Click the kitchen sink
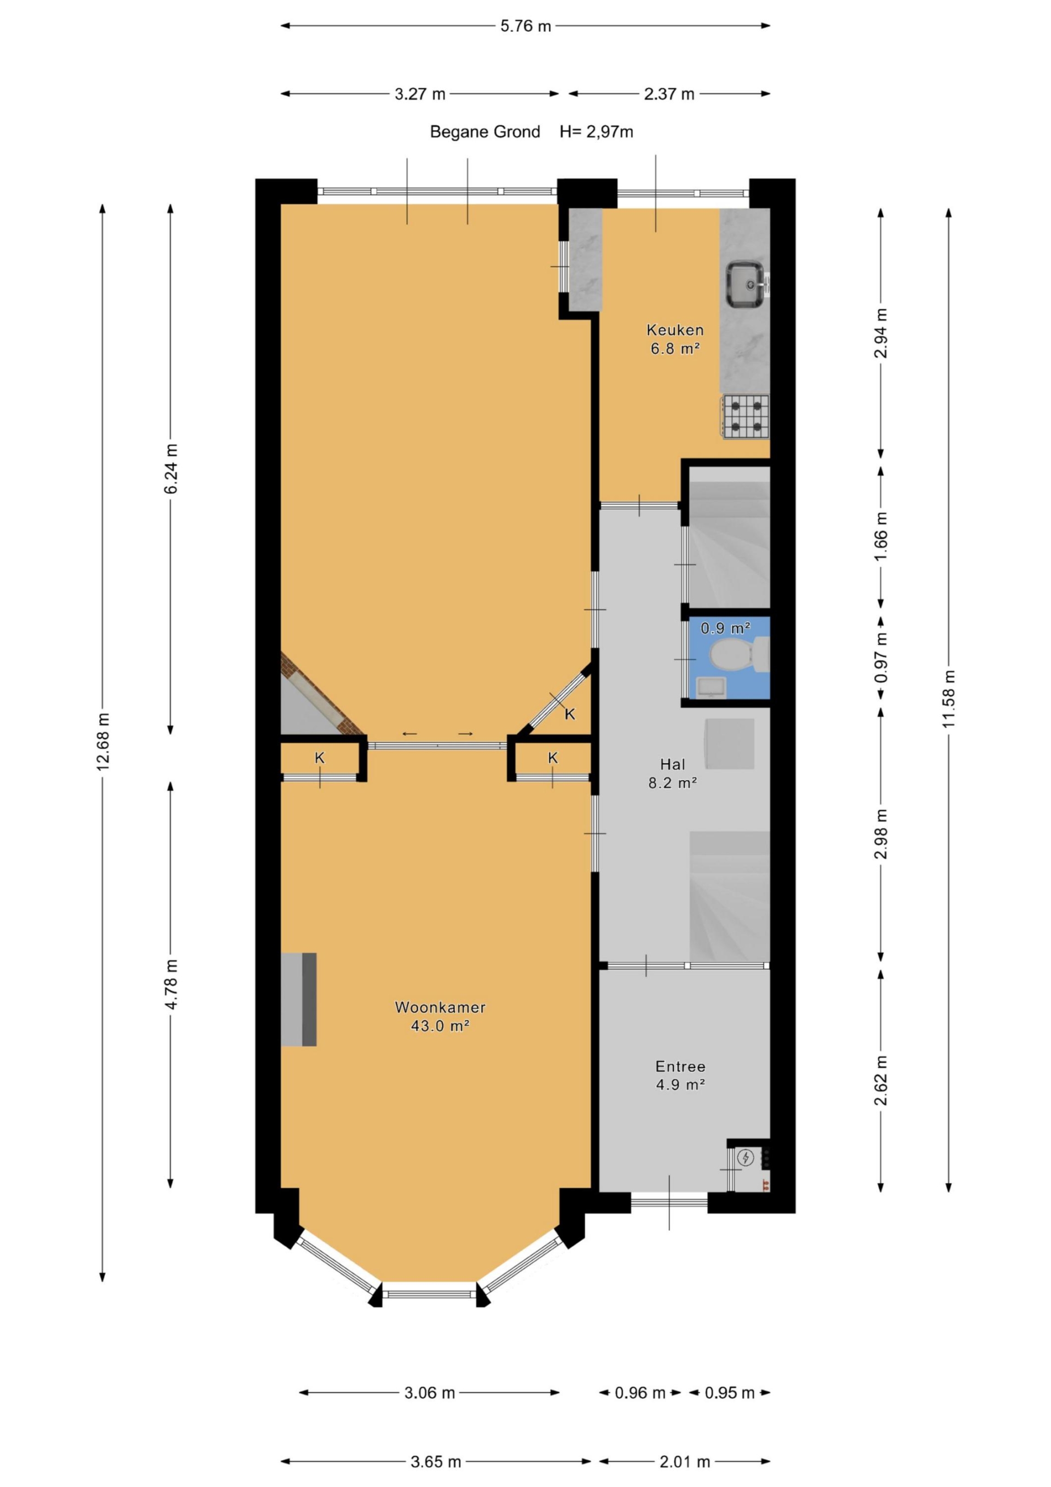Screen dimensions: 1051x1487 coord(747,284)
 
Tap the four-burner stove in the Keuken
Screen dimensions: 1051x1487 coord(746,417)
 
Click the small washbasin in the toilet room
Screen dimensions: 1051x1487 coord(711,688)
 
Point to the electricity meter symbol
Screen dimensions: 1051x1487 coord(746,1157)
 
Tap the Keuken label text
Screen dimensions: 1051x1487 coord(675,330)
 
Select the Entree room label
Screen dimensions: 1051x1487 coord(680,1066)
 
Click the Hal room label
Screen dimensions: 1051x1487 coord(673,764)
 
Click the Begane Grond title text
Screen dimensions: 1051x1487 coord(485,132)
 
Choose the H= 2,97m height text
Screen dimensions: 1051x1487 coord(597,132)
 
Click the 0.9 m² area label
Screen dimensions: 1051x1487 coord(725,627)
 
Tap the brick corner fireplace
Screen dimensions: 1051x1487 coord(314,694)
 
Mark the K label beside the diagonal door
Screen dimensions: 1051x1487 coord(570,714)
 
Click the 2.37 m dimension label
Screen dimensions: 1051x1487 coord(669,94)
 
